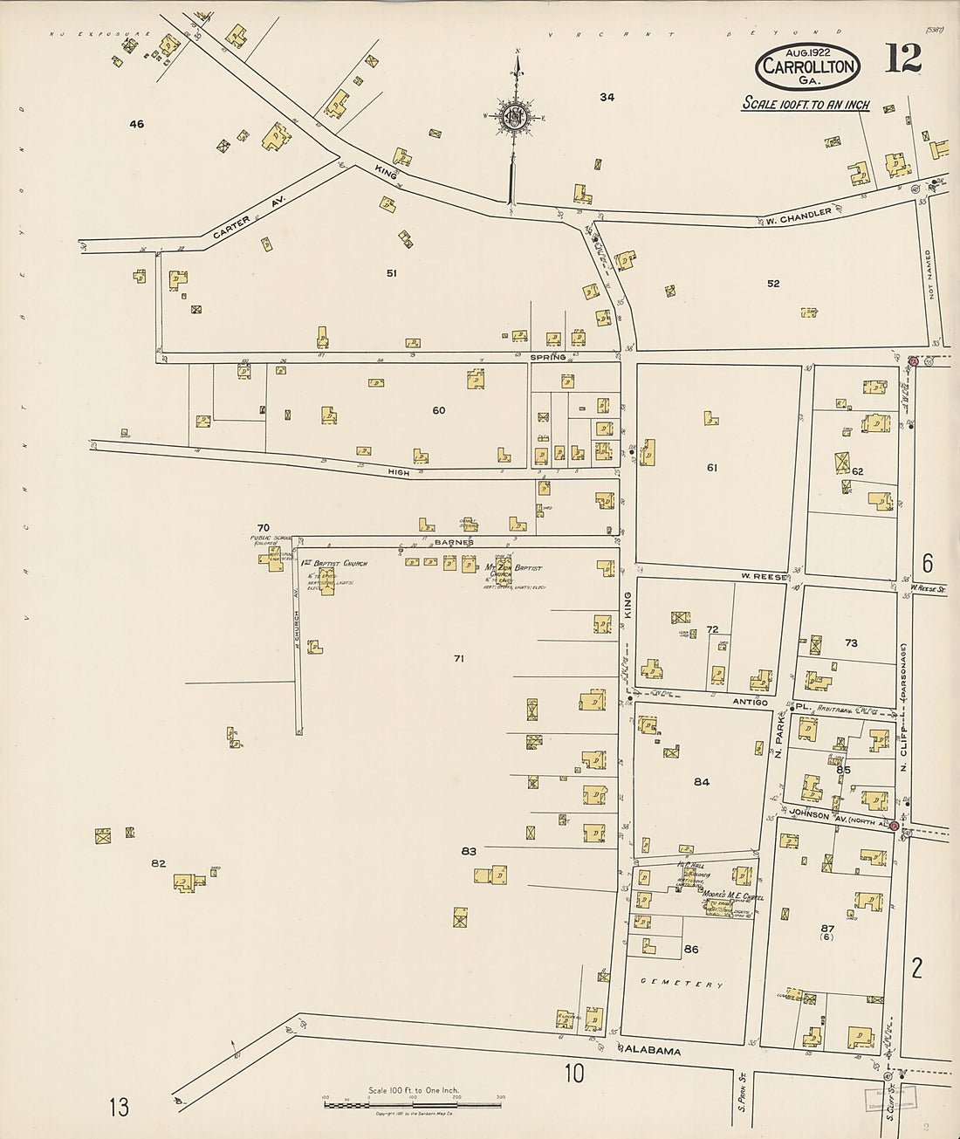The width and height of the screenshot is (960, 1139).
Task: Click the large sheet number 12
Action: coord(902,58)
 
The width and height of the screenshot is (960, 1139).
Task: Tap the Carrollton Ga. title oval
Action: coord(807,66)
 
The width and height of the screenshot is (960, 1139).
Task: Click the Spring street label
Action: coord(547,358)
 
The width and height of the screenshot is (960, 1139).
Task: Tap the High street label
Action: coord(398,471)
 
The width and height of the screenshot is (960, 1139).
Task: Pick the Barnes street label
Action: coord(453,542)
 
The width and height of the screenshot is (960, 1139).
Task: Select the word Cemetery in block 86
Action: coord(682,984)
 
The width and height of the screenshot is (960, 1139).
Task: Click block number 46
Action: coord(136,124)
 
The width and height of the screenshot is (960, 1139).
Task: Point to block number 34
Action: coord(607,97)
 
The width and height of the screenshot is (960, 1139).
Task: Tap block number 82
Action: coord(158,863)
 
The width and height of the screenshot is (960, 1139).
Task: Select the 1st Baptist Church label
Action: coord(334,563)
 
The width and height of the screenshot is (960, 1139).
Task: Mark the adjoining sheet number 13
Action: coord(119,1107)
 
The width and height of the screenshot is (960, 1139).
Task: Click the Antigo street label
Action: coord(750,702)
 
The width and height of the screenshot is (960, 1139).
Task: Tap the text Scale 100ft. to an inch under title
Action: coord(806,104)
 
